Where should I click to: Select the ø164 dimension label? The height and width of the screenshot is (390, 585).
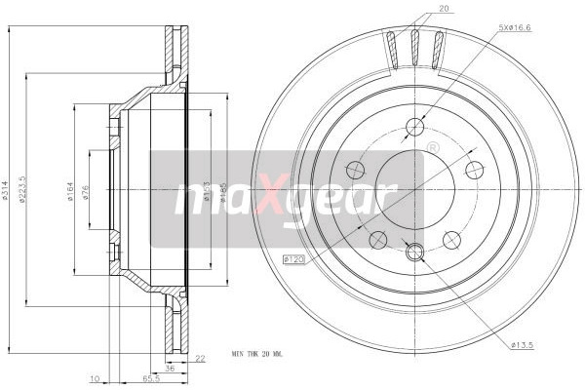(x=71, y=191)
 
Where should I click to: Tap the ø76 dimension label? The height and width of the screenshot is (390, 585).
(x=87, y=191)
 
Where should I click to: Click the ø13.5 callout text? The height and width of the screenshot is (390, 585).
(x=524, y=344)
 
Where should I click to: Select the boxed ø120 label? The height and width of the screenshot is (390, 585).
(x=292, y=259)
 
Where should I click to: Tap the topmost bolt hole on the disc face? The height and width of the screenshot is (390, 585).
(x=414, y=125)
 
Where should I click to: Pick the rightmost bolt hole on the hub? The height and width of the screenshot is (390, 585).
(x=475, y=169)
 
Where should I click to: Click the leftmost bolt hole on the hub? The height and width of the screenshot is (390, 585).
(x=355, y=169)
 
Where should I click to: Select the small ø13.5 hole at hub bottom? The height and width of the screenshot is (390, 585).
(x=414, y=253)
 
